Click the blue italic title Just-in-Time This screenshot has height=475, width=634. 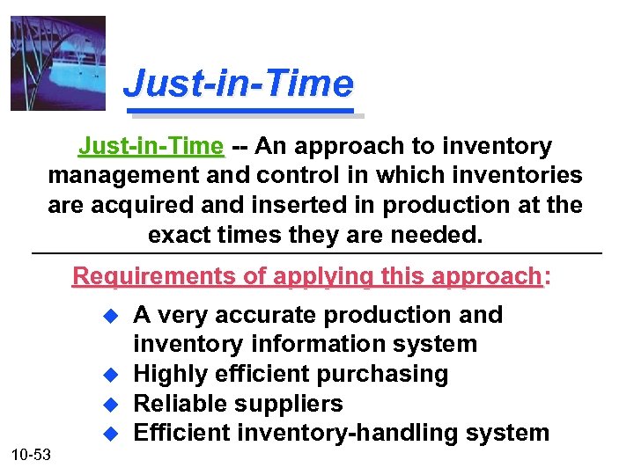click(x=239, y=84)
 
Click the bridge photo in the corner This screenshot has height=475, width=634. click(x=58, y=63)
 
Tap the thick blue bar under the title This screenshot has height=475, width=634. click(x=247, y=113)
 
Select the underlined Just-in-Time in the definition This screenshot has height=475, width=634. click(x=151, y=146)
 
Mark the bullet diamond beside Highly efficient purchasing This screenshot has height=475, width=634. click(x=111, y=375)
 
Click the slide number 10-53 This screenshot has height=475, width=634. click(x=32, y=454)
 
